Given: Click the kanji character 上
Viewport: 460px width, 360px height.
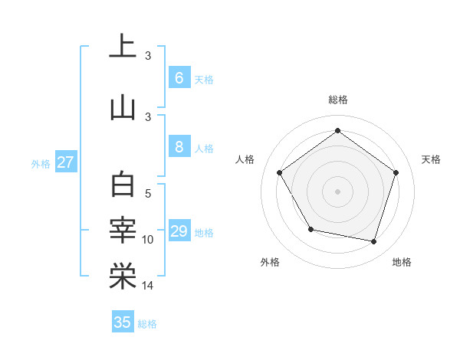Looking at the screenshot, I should click(x=123, y=47).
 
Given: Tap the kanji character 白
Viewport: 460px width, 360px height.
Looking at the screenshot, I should click(x=123, y=186).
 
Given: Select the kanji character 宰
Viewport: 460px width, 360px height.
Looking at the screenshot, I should click(x=123, y=231).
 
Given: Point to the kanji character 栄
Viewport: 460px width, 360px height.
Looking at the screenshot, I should click(x=123, y=277).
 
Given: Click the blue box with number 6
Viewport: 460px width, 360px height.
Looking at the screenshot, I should click(x=179, y=77).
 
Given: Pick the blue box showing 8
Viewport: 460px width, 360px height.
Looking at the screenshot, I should click(x=179, y=147).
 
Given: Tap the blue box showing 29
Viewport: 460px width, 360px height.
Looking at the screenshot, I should click(x=179, y=231).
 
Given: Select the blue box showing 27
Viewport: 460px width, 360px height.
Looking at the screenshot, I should click(x=66, y=162).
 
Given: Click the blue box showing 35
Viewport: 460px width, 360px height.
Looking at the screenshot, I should click(x=123, y=322).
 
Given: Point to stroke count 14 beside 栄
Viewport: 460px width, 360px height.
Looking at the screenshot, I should click(x=147, y=286).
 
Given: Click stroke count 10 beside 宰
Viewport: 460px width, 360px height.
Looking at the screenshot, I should click(x=148, y=240).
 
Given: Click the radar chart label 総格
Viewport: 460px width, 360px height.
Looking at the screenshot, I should click(x=337, y=100).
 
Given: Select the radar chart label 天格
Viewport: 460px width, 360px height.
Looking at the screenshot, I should click(x=431, y=159).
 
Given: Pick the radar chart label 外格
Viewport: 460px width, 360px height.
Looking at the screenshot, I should click(x=270, y=262).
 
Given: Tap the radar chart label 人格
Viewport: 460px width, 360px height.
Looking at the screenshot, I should click(x=245, y=159).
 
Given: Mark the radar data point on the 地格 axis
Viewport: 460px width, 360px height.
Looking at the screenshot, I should click(x=373, y=241).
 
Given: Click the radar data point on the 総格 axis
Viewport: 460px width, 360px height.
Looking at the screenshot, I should click(x=337, y=130).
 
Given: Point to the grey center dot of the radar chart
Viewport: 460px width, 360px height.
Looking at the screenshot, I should click(x=337, y=191).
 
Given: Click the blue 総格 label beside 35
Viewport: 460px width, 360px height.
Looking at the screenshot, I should click(x=147, y=324).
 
